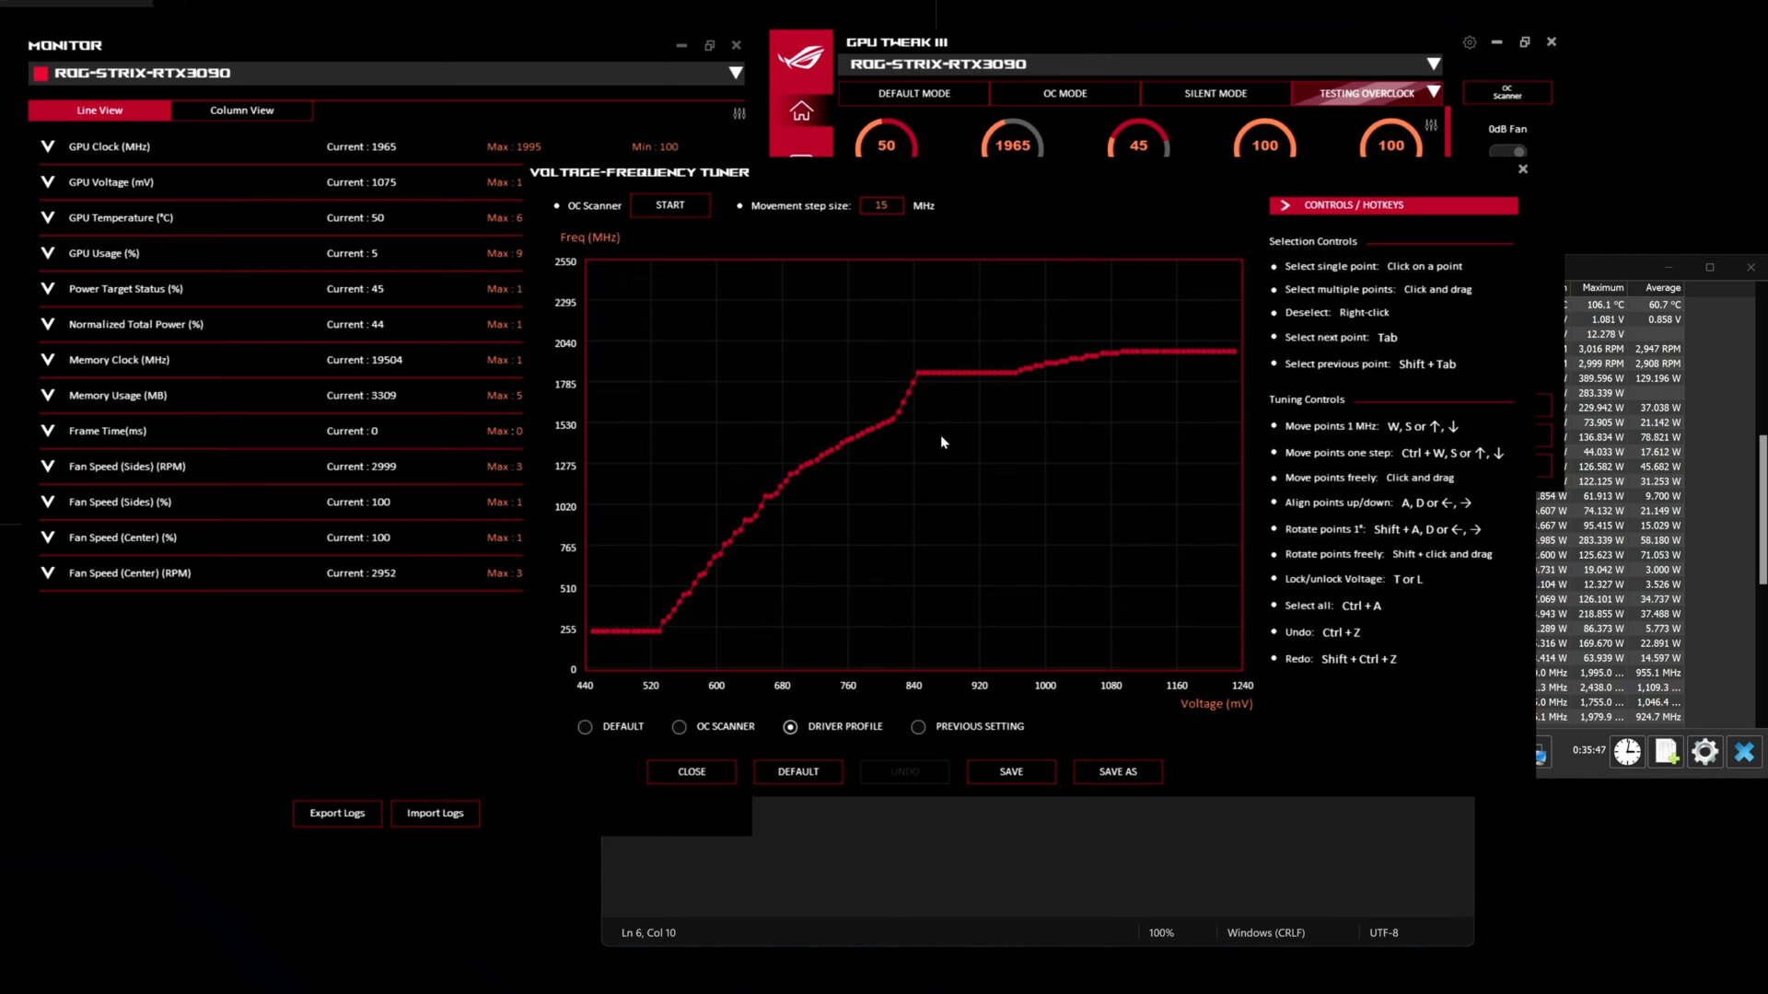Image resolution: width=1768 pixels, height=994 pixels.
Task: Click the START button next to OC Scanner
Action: click(x=669, y=205)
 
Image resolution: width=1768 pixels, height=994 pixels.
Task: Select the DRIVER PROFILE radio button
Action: click(x=790, y=727)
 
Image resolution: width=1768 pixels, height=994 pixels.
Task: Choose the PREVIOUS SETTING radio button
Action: click(x=918, y=727)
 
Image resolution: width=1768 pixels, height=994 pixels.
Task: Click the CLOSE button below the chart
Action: click(x=692, y=772)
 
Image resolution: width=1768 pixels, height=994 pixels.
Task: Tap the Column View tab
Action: click(x=241, y=110)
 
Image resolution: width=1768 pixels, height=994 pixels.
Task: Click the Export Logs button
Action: click(x=337, y=814)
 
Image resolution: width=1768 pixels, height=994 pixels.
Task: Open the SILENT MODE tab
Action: click(x=1215, y=94)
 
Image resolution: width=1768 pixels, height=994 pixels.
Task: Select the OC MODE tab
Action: click(x=1064, y=94)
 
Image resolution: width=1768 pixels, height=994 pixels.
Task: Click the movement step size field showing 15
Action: click(x=881, y=205)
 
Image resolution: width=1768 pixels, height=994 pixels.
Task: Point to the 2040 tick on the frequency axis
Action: click(x=565, y=343)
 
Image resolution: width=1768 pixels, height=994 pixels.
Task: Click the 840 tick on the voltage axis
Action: click(x=913, y=686)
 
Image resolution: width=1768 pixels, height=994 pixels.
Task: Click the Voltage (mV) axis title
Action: click(x=1216, y=704)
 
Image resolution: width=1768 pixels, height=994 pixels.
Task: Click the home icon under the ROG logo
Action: click(x=801, y=111)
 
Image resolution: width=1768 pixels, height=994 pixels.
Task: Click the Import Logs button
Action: click(x=435, y=814)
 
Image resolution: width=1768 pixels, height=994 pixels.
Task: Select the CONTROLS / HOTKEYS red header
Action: click(x=1392, y=205)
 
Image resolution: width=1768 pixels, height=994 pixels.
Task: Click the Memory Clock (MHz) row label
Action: click(x=119, y=360)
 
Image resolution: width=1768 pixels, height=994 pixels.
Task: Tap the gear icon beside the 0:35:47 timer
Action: click(x=1704, y=752)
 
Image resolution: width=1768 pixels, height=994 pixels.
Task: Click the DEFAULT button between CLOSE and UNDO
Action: click(x=797, y=772)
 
